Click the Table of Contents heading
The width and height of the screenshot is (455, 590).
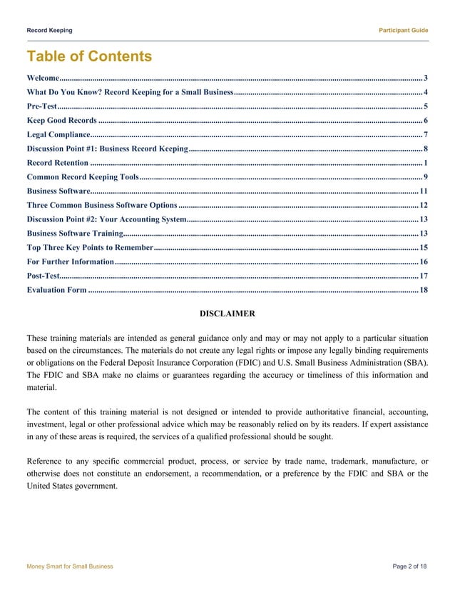tap(89, 56)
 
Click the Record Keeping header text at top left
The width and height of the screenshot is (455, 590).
tap(49, 30)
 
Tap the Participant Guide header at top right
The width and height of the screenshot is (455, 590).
tap(403, 30)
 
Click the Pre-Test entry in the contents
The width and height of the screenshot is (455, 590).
tap(41, 106)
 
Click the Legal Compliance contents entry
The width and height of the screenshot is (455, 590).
tap(58, 134)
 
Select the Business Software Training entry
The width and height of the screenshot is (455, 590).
tap(74, 234)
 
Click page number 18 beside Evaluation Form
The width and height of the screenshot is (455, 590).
tap(424, 290)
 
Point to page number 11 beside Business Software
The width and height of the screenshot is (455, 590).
tap(424, 191)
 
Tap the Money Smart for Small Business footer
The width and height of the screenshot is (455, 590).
tap(69, 566)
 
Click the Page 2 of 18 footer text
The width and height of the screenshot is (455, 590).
tap(410, 566)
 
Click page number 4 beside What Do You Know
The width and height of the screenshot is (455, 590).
tap(426, 92)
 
